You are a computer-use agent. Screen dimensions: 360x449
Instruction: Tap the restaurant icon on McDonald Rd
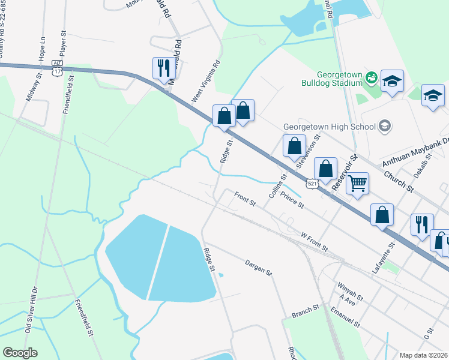(163, 68)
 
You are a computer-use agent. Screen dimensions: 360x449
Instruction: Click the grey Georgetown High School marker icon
(385, 126)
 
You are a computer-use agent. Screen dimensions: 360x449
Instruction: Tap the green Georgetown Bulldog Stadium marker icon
(372, 76)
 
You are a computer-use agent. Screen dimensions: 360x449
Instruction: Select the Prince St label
(293, 202)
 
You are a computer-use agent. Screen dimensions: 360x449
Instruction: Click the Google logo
(20, 353)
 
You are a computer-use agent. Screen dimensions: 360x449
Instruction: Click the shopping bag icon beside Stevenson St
(294, 146)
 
